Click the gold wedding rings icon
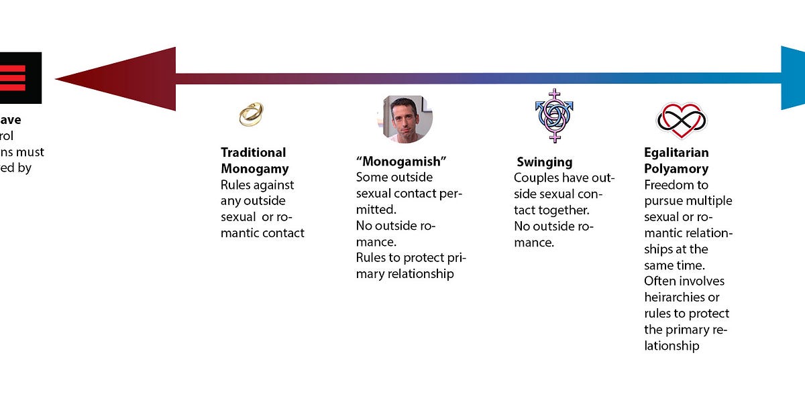[252, 114]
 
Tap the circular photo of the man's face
[405, 118]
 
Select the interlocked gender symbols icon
[554, 115]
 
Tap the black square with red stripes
[20, 78]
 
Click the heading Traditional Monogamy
[254, 160]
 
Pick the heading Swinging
[545, 161]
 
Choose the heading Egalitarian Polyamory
[676, 161]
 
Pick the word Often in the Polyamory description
[661, 281]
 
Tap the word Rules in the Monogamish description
[371, 258]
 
